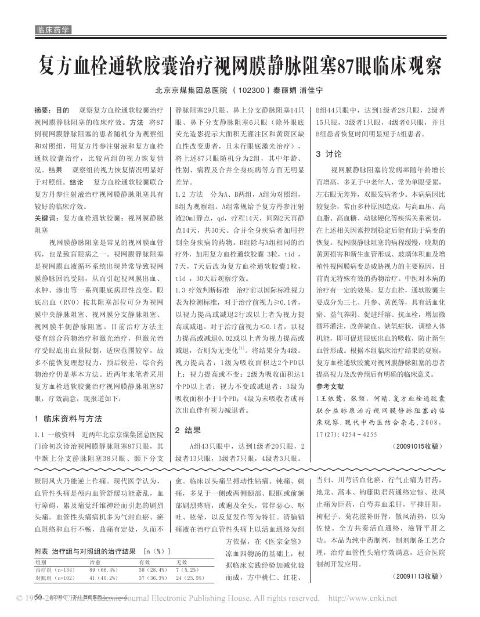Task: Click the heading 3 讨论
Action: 329,154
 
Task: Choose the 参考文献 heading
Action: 330,386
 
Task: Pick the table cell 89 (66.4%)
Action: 104,571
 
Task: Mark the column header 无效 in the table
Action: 182,562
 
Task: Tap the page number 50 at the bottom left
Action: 37,597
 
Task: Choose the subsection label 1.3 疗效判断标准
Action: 201,288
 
